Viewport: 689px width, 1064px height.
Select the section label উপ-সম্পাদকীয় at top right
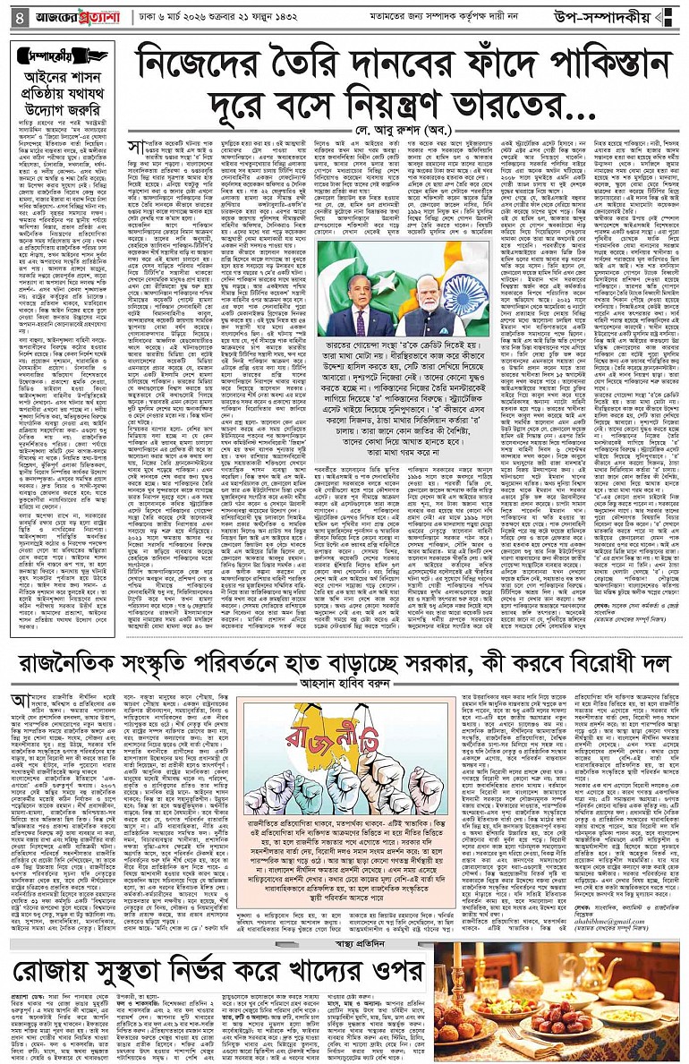(619, 16)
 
